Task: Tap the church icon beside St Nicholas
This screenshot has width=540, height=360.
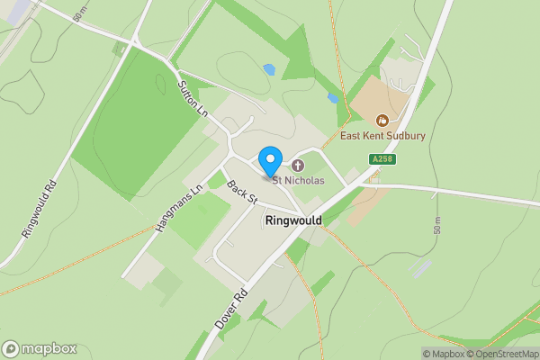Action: tap(297, 166)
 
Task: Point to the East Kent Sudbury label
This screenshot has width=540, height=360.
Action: tap(382, 136)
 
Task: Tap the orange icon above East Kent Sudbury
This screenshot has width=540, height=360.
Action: tap(382, 119)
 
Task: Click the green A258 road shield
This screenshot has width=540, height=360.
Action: tap(381, 159)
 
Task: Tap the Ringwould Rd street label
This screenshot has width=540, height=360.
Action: tap(40, 208)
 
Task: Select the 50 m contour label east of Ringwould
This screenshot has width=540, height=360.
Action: tap(438, 224)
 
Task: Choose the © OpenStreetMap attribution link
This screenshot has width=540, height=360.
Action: tap(503, 354)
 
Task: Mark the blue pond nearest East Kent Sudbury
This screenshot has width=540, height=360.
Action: tap(333, 97)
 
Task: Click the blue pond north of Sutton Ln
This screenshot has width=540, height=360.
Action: tap(268, 68)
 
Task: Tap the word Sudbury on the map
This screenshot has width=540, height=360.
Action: tap(404, 136)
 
